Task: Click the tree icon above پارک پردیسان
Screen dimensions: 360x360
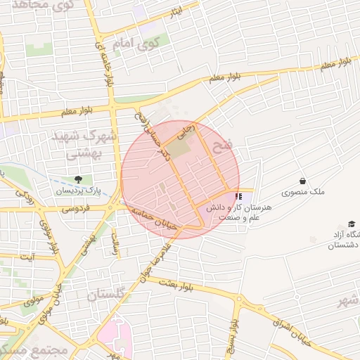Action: (x=78, y=180)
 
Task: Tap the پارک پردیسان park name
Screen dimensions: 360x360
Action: (x=78, y=191)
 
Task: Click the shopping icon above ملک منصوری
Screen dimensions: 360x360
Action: (x=302, y=181)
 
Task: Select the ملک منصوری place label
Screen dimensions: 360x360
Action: (x=302, y=192)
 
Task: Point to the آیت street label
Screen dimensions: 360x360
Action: (x=27, y=258)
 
